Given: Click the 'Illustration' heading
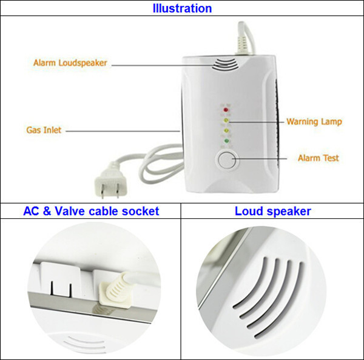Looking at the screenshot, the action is pos(182,8).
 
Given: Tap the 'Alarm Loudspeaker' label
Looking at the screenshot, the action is pos(70,63).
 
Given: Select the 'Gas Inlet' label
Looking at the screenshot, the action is pos(44,130).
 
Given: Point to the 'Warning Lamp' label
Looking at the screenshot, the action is pos(314,122).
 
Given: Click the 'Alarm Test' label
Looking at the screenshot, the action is pos(318,158).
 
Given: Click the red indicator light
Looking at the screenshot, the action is pos(225,110).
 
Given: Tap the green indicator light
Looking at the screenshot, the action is pos(226,141).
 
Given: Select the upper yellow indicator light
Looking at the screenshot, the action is pos(226,121).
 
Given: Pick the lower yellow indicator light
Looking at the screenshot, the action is pos(226,130).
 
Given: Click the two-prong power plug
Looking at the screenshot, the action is pos(110,181).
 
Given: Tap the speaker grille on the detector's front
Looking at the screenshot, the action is pos(225,64).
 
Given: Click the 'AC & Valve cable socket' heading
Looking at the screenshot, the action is pos(91,211).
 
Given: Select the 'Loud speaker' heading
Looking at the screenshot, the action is pos(273,211).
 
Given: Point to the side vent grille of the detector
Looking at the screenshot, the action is pos(278,121).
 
